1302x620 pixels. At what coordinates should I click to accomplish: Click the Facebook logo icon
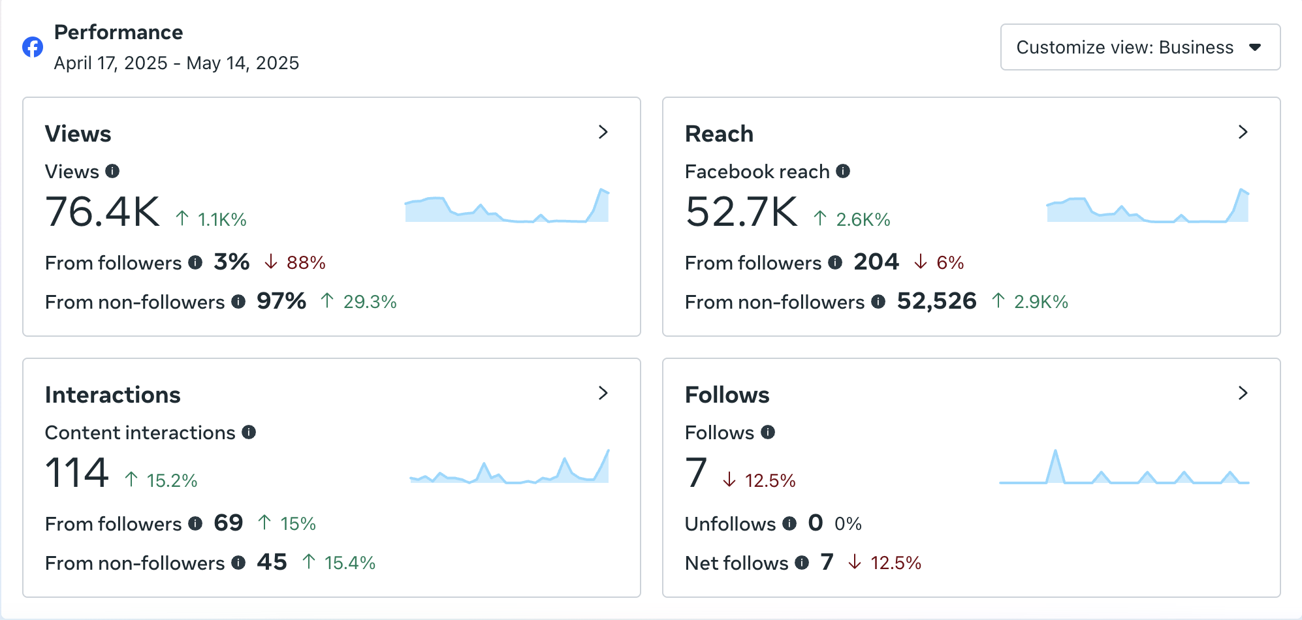[x=33, y=47]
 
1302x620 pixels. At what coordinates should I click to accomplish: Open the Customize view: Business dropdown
[x=1139, y=47]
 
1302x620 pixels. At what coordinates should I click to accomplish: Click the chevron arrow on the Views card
[x=603, y=132]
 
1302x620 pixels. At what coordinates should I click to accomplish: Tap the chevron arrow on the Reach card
[x=1243, y=132]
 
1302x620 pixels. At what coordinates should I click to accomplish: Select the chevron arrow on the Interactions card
[x=603, y=394]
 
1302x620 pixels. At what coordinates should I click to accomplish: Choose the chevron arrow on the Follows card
[x=1243, y=394]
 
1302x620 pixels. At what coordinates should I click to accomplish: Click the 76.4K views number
[x=103, y=212]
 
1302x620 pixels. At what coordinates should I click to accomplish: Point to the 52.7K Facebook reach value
[x=741, y=212]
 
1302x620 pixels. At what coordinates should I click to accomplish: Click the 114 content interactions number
[x=76, y=473]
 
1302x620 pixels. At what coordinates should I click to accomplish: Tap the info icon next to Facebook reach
[x=843, y=171]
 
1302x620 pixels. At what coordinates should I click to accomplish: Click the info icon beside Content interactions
[x=249, y=432]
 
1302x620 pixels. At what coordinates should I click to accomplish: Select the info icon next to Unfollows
[x=789, y=523]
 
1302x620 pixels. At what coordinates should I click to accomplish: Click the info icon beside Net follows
[x=802, y=563]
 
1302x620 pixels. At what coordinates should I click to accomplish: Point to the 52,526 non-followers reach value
[x=936, y=301]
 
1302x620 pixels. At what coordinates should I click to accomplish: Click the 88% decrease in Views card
[x=306, y=262]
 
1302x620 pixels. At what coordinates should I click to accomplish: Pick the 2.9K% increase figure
[x=1040, y=302]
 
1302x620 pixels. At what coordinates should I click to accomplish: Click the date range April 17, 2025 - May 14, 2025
[x=176, y=63]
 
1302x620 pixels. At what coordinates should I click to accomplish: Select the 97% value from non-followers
[x=281, y=301]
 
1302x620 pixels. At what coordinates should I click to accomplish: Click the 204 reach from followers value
[x=876, y=262]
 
